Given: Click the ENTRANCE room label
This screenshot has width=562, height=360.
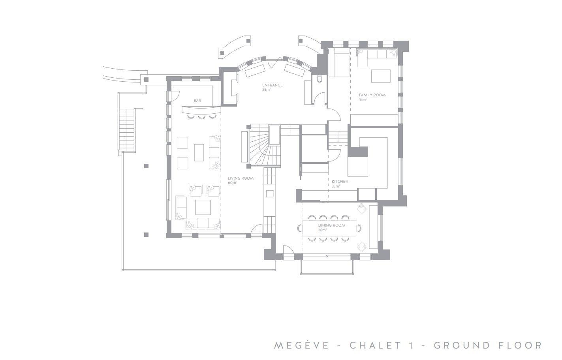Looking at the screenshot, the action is coord(272,85).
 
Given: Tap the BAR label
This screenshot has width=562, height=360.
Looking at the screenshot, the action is coord(197,101).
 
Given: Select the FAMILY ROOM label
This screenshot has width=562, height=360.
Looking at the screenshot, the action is coord(372,95).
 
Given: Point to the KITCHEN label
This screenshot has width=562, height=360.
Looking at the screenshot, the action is coord(340,182).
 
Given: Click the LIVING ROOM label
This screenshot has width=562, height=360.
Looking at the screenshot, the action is coord(241,178).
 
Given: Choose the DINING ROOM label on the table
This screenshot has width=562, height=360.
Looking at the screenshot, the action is coord(332,225).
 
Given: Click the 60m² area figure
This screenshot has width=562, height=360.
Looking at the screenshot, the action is coord(232,183).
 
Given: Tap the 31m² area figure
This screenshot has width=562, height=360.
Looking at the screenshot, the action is coord(363,99).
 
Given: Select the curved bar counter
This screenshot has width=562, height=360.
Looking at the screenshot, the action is coord(201,110).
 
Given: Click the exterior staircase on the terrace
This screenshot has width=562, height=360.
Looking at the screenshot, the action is coord(127,130).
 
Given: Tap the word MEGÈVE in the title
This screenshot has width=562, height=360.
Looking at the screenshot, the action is coord(301,345).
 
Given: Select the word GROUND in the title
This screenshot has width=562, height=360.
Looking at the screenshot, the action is coord(462,345).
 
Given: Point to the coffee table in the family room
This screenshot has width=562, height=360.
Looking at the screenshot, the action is coord(381,76).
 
